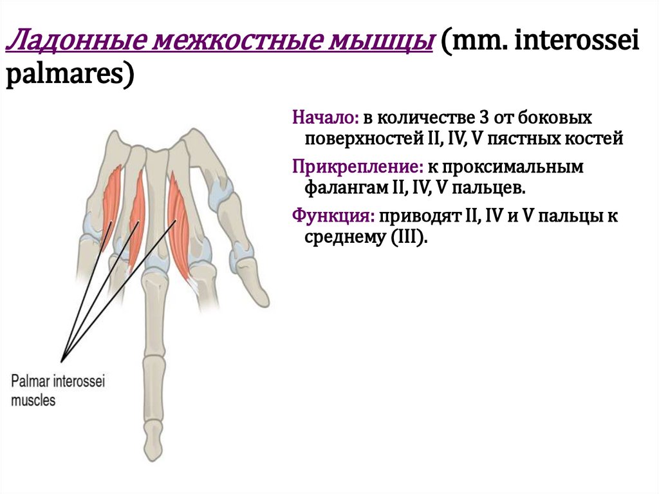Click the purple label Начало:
click(325, 118)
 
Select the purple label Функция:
click(333, 216)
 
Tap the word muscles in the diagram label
click(33, 400)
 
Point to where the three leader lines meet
click(62, 358)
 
